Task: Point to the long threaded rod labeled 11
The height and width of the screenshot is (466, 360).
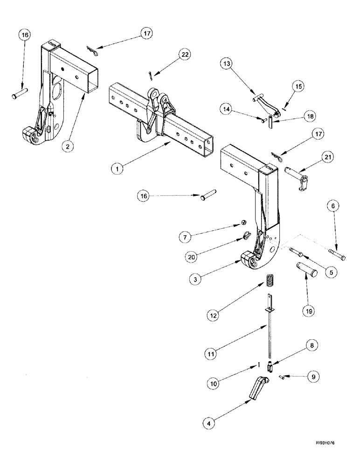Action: [x=270, y=336]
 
